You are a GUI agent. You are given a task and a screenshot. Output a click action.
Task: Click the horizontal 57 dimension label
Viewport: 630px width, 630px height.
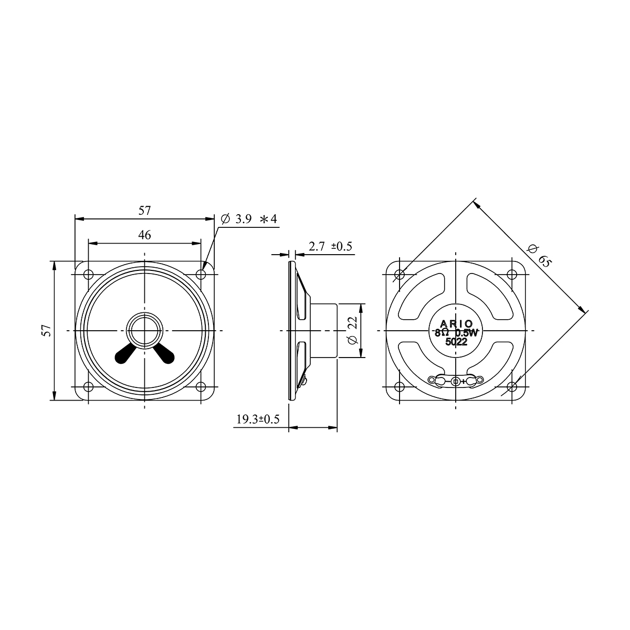(x=144, y=211)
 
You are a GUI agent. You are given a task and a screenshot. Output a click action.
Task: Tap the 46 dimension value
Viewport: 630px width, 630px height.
(x=144, y=235)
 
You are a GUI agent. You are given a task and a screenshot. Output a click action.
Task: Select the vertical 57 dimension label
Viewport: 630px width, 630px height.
(x=47, y=331)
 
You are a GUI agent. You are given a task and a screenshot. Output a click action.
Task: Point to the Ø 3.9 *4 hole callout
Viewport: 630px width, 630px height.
(x=249, y=219)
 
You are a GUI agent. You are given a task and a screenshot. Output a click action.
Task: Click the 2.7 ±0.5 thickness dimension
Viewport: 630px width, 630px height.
(x=330, y=246)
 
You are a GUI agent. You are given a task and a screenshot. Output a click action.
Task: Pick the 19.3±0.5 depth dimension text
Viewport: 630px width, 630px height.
(x=258, y=419)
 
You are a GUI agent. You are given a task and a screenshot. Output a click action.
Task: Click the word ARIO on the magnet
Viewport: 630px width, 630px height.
(x=456, y=324)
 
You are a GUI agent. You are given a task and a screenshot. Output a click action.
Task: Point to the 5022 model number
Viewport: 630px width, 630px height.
(x=456, y=342)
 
